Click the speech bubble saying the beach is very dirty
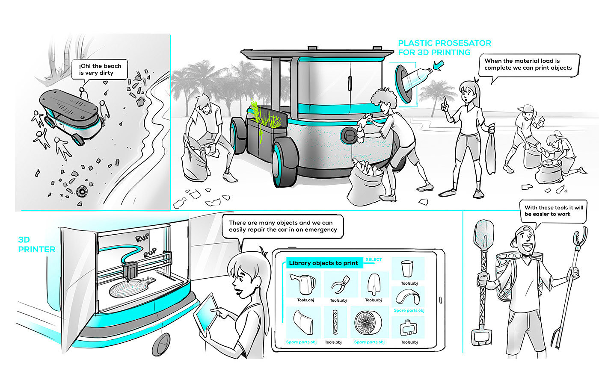coord(99,69)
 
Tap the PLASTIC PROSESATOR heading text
coord(445,43)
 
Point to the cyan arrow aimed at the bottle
coord(439,65)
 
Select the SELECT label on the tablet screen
coord(374,260)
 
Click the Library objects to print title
coord(323,263)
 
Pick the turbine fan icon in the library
coord(368,322)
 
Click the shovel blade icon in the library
coord(374,284)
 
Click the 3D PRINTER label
coord(37,244)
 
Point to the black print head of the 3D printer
coord(130,271)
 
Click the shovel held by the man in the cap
coord(483,283)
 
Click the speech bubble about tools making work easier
coord(553,211)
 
